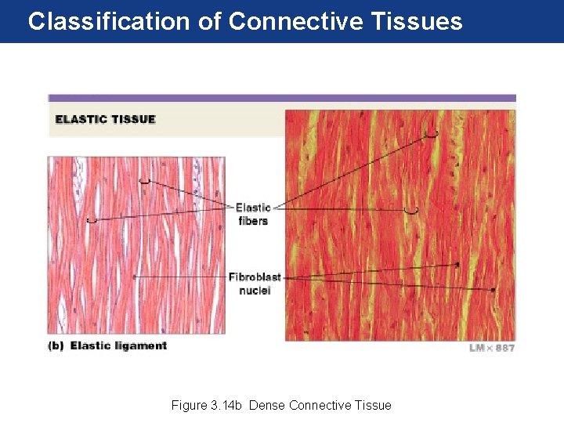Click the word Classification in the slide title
coord(109,21)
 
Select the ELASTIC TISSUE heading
coord(105,120)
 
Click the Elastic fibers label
coord(252,214)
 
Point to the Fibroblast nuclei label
coord(255,284)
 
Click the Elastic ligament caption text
coord(118,345)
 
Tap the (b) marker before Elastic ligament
coord(56,345)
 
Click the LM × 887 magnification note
coord(491,347)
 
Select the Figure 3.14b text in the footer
coord(207,405)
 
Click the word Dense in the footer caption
coord(266,405)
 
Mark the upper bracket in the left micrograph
coord(144,182)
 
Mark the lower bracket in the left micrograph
coord(92,221)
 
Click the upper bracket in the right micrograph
coord(432,135)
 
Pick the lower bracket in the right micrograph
coord(411,211)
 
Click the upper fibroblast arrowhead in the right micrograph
coord(457,265)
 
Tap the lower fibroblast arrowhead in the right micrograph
coord(493,290)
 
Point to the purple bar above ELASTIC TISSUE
coord(282,98)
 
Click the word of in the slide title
coord(209,21)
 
